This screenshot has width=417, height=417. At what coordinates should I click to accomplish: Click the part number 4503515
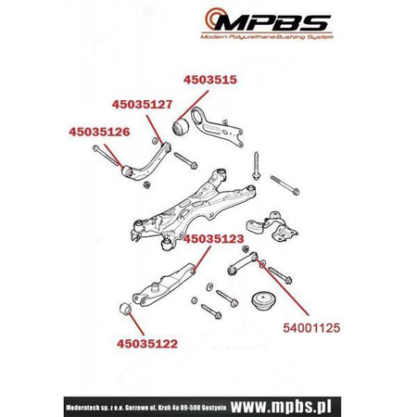(x=210, y=80)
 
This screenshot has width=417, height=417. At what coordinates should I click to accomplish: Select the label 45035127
(x=142, y=105)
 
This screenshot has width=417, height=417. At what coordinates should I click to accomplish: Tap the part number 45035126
(x=99, y=132)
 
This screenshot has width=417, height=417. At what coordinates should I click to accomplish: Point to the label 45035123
(x=214, y=239)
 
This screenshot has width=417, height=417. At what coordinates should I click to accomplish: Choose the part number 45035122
(x=147, y=344)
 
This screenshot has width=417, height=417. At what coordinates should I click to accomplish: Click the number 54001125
(x=311, y=328)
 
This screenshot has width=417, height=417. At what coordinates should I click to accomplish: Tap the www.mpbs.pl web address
(x=281, y=406)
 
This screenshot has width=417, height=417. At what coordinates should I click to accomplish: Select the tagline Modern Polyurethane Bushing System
(x=267, y=37)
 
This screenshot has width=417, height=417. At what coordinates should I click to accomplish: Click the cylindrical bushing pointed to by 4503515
(x=180, y=127)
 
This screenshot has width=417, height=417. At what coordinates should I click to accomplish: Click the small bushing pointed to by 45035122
(x=125, y=310)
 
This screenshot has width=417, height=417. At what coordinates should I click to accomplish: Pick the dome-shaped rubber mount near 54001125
(x=263, y=301)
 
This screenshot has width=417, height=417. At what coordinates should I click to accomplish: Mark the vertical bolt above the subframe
(x=257, y=166)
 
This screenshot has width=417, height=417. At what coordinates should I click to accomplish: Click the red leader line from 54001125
(x=283, y=286)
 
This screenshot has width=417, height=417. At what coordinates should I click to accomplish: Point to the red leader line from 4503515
(x=194, y=105)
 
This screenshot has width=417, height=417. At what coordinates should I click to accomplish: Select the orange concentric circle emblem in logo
(x=215, y=19)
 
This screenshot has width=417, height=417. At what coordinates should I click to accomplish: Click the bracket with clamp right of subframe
(x=272, y=226)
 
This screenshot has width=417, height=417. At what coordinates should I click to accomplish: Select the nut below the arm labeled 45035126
(x=147, y=185)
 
